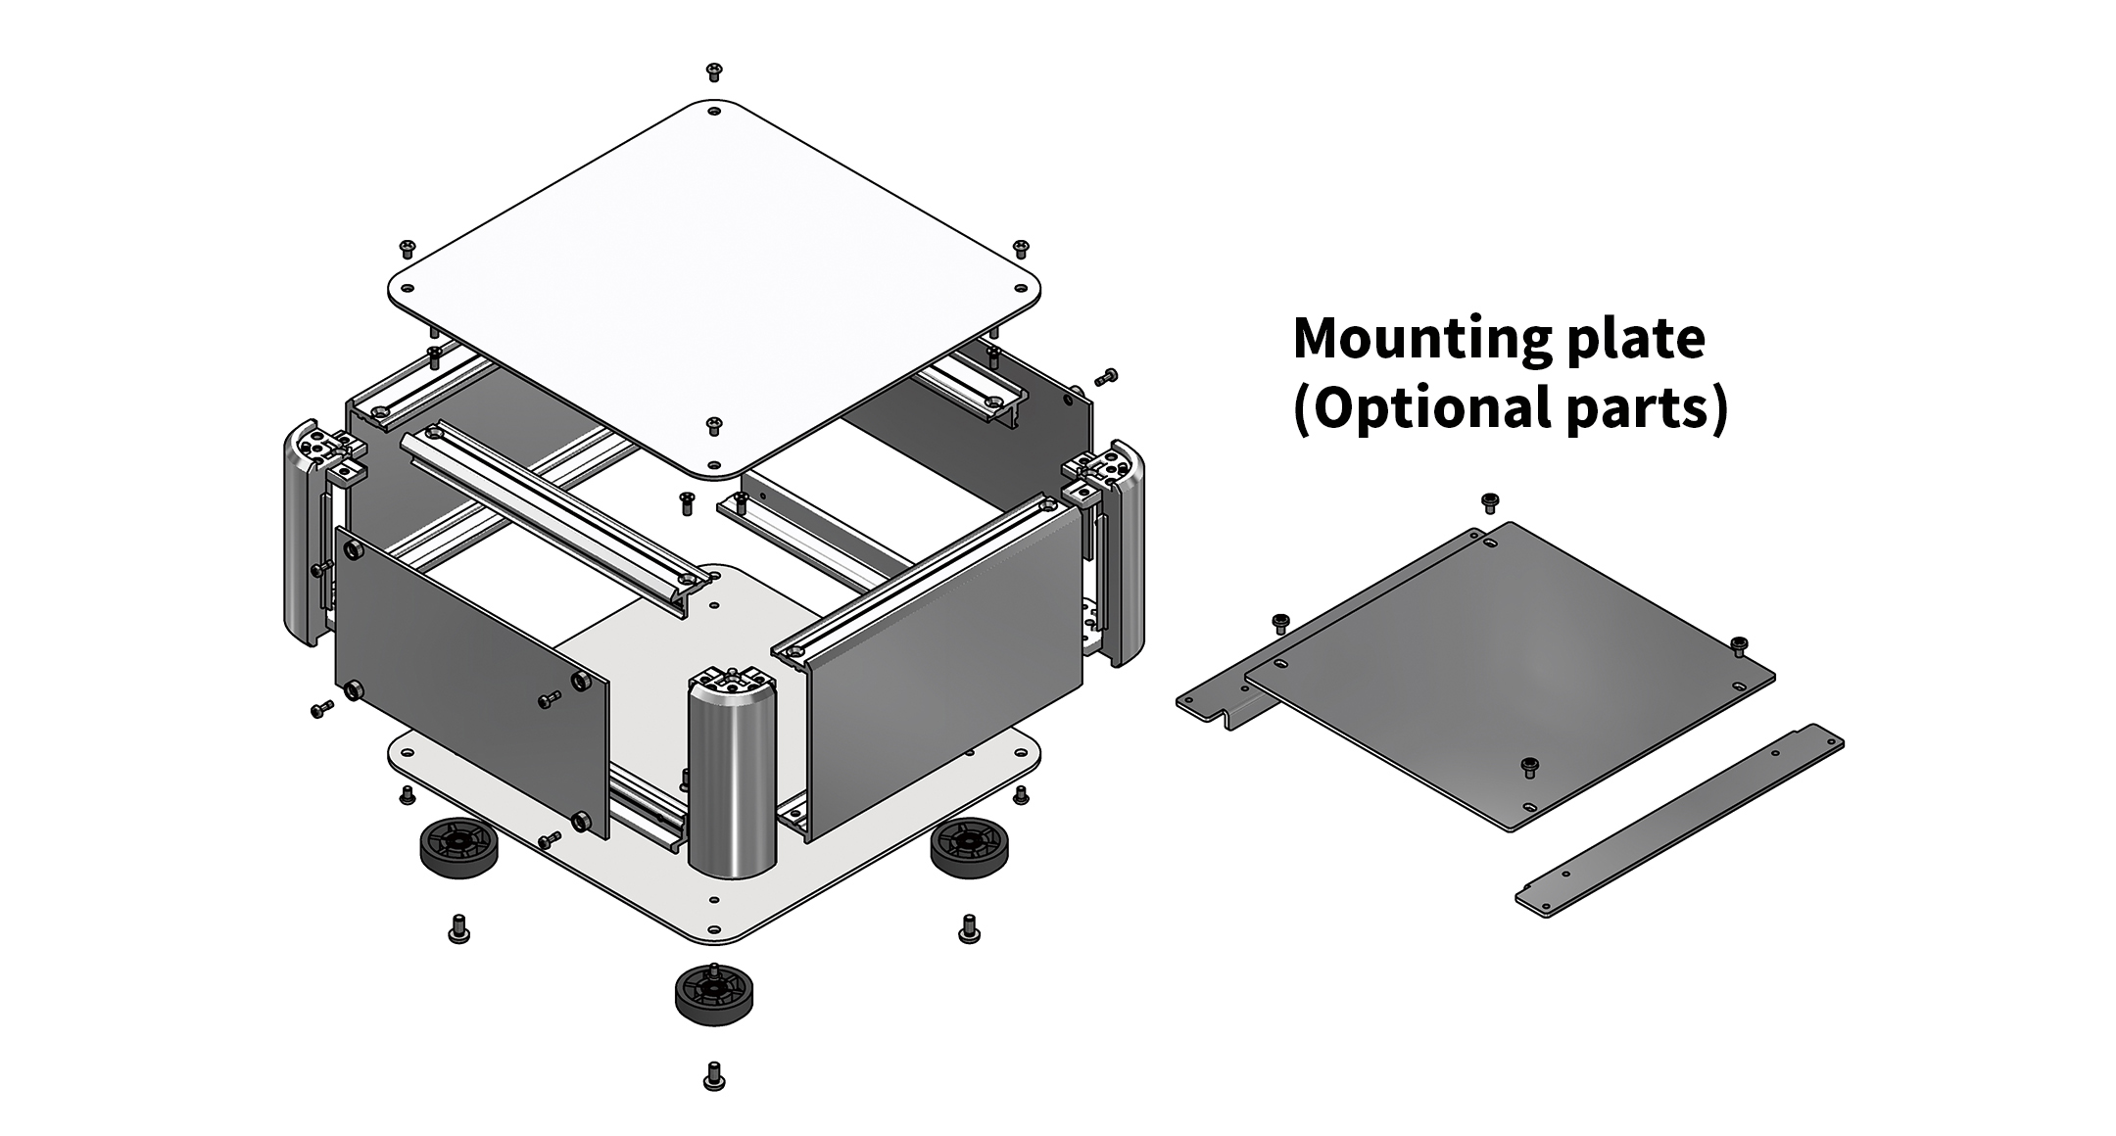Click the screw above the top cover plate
click(714, 71)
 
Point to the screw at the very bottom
click(714, 1076)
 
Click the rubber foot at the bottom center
click(714, 994)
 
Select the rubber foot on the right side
click(969, 848)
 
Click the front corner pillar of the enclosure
click(733, 774)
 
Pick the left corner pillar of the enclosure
click(312, 534)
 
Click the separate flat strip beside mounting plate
click(1679, 821)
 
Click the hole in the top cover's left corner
click(409, 290)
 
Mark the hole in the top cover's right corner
click(1021, 290)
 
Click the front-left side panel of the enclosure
click(471, 682)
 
